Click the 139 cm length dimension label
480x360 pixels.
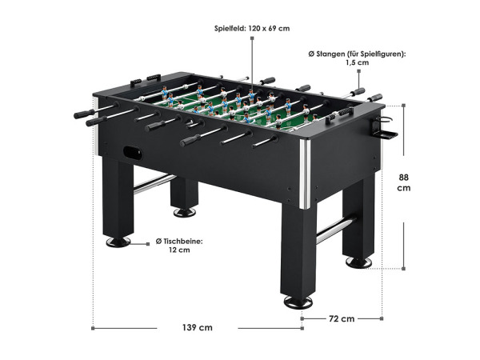pyautogui.click(x=198, y=327)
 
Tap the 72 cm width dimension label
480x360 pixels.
pyautogui.click(x=342, y=318)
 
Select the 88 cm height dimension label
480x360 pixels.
pyautogui.click(x=404, y=182)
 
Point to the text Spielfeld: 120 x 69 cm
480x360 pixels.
pyautogui.click(x=252, y=29)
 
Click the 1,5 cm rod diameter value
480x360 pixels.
pyautogui.click(x=358, y=62)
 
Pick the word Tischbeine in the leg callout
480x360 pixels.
pyautogui.click(x=182, y=242)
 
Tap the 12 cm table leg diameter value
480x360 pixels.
pyautogui.click(x=179, y=250)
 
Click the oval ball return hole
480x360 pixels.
pyautogui.click(x=133, y=153)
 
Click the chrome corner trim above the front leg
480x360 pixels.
pyautogui.click(x=305, y=174)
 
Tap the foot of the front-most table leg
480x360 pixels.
pyautogui.click(x=298, y=302)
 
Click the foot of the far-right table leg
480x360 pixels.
pyautogui.click(x=358, y=262)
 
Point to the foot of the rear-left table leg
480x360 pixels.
pyautogui.click(x=185, y=212)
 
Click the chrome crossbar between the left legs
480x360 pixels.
pyautogui.click(x=154, y=184)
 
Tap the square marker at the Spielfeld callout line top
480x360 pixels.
pyautogui.click(x=252, y=38)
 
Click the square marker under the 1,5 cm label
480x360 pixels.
pyautogui.click(x=358, y=71)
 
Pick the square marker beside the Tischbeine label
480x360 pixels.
pyautogui.click(x=148, y=244)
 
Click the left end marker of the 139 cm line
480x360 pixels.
pyautogui.click(x=93, y=329)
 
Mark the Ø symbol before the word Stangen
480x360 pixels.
pyautogui.click(x=311, y=54)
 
